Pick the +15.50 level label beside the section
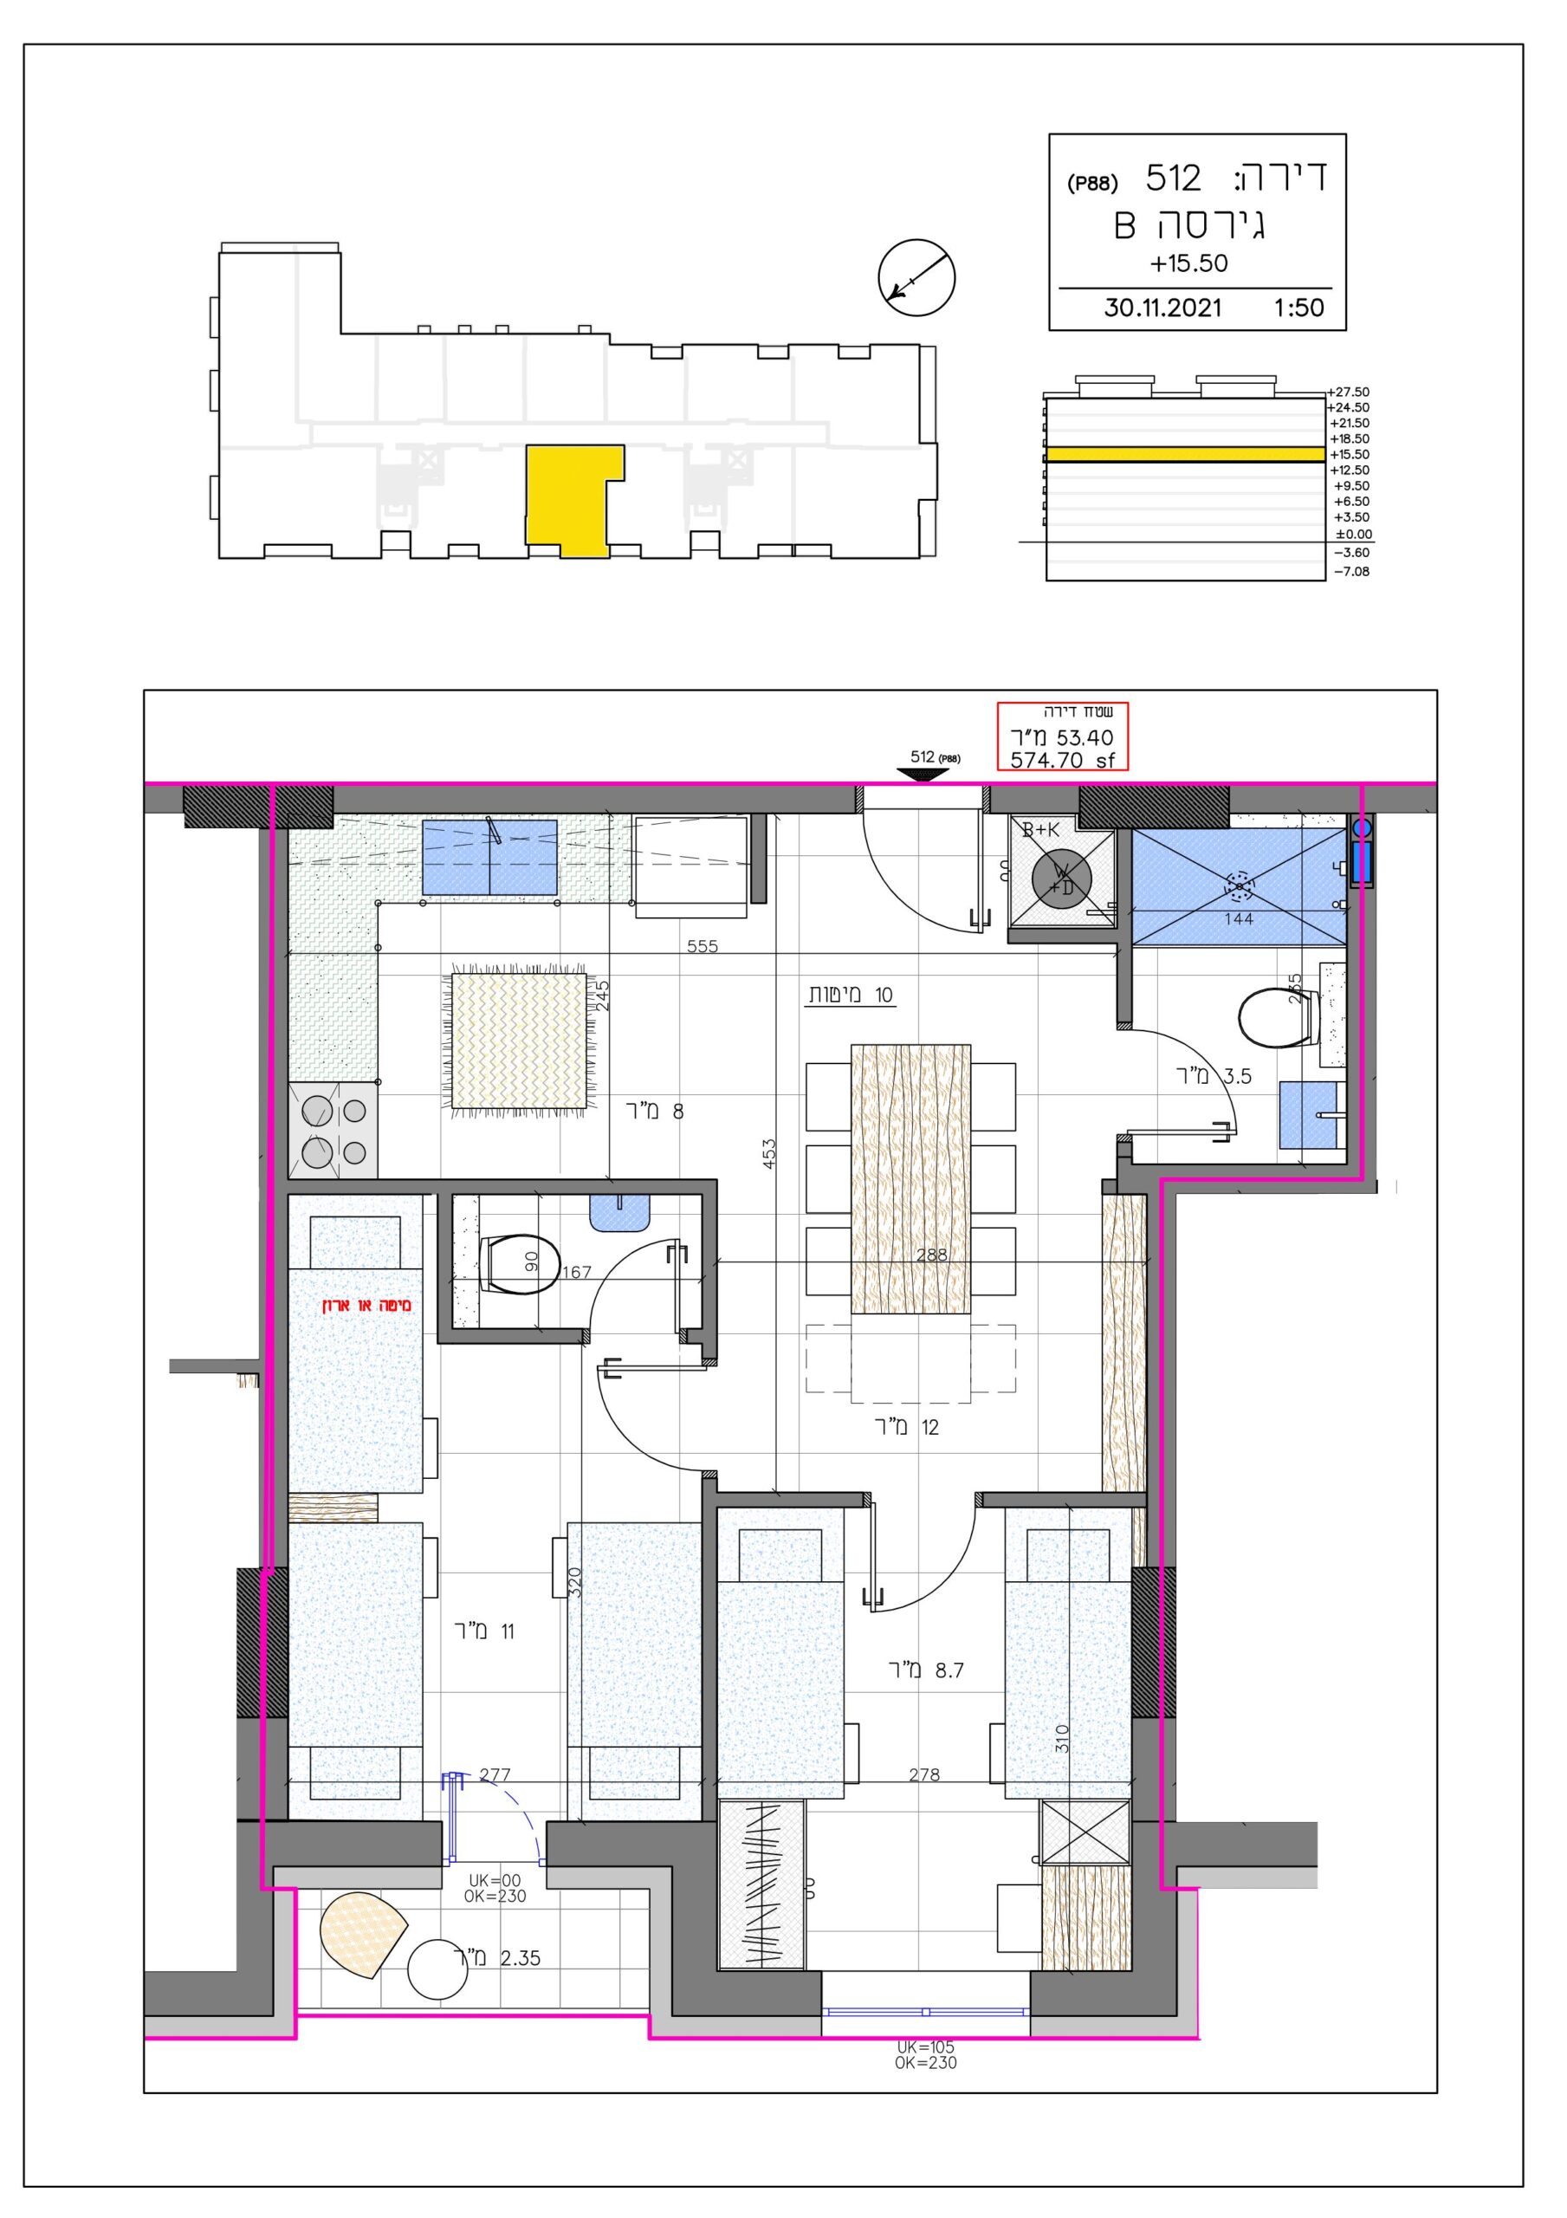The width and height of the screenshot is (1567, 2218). pos(1350,454)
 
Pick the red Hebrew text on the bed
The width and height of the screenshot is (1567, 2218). pos(367,1306)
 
